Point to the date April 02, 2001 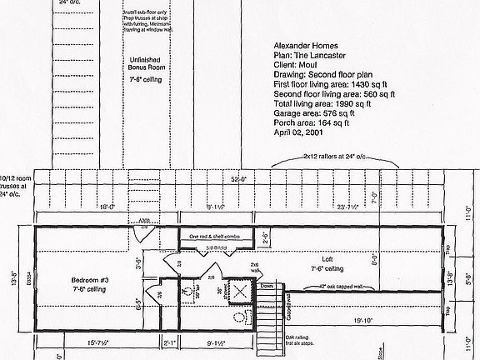coord(297,132)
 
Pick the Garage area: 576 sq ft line coord(312,112)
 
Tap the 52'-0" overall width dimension coord(240,178)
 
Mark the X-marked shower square coord(240,292)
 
